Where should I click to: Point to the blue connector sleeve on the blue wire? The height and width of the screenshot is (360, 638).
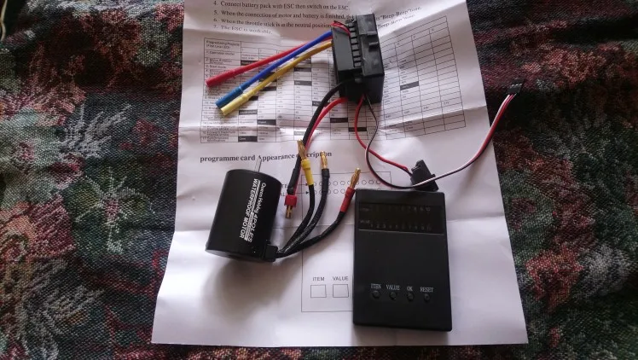coord(227,99)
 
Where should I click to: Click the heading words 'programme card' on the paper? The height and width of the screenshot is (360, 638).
coord(228,160)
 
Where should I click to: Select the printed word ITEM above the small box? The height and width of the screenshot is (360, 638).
coord(317,278)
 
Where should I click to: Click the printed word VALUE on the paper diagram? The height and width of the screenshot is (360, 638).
coord(340,279)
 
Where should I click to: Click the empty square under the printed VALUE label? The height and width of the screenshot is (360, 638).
coord(341,292)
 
